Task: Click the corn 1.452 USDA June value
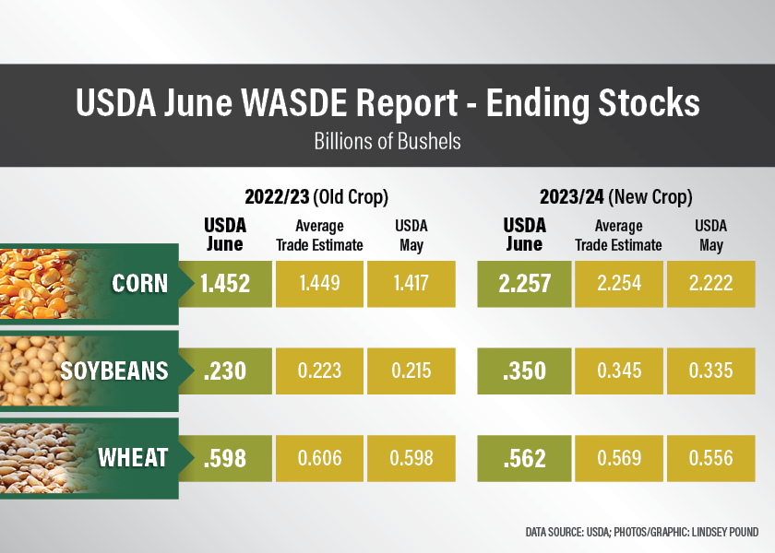tap(225, 283)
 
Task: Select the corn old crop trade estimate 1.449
tap(319, 283)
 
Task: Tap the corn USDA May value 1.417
tap(411, 283)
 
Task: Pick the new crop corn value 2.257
tap(524, 283)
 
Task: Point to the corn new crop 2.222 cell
tap(710, 283)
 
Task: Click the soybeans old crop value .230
tap(225, 371)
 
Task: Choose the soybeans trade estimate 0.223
tap(319, 371)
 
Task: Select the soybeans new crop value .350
tap(524, 371)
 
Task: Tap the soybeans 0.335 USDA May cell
tap(710, 371)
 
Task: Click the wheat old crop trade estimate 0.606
tap(319, 458)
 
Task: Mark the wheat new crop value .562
tap(524, 458)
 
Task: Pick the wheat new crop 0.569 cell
tap(618, 458)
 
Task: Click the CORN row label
tap(139, 283)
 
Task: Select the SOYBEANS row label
tap(114, 371)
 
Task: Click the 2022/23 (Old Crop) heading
tap(316, 197)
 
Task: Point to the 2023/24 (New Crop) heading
tap(616, 197)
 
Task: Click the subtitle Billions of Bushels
tap(387, 142)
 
